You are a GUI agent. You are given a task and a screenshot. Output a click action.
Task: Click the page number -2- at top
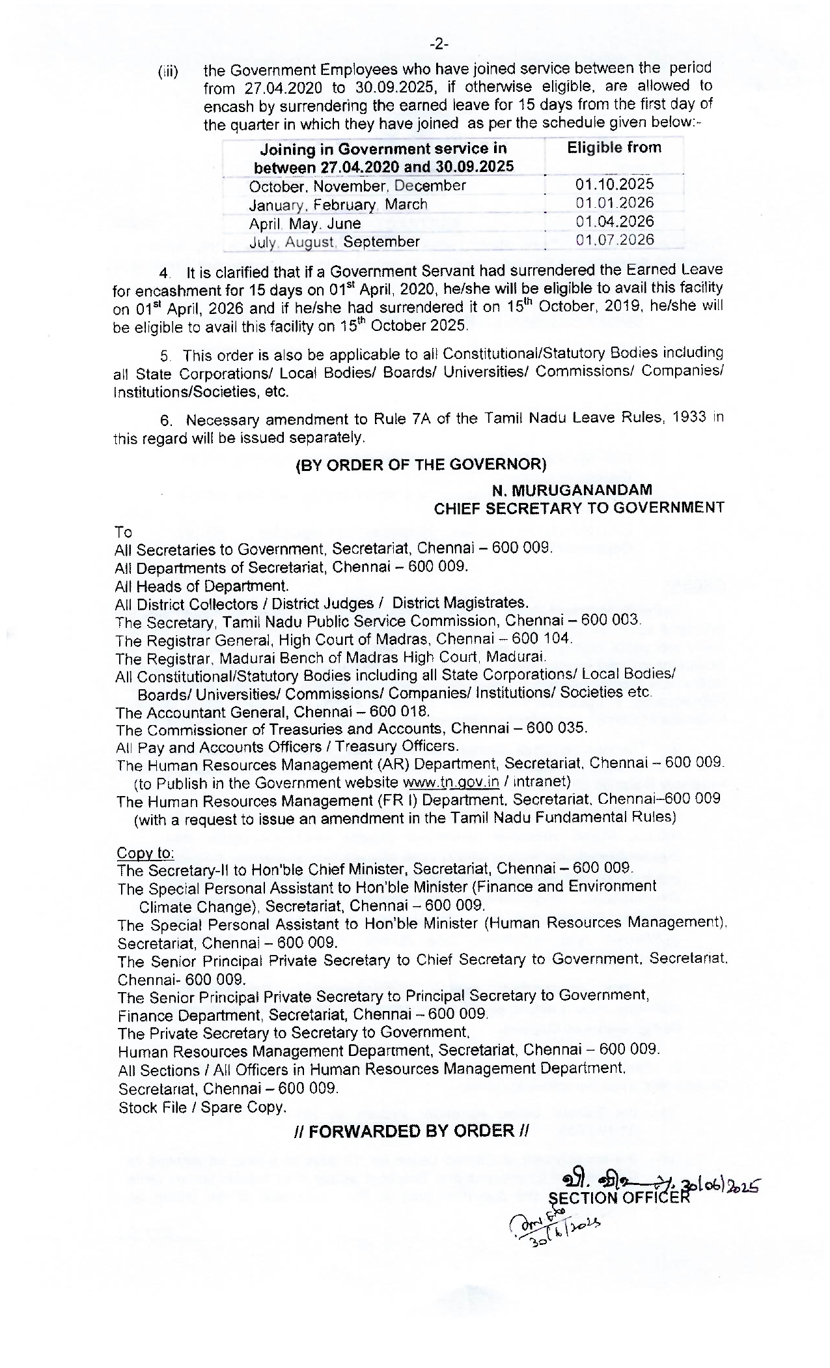[439, 44]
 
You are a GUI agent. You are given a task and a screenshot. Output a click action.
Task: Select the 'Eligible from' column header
[614, 148]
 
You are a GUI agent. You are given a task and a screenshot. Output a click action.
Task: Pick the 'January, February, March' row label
[338, 205]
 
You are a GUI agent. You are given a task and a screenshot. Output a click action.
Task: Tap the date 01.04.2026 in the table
[615, 221]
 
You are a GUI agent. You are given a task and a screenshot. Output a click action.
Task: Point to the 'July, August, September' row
[335, 242]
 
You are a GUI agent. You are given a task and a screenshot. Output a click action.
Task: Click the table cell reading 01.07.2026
[615, 240]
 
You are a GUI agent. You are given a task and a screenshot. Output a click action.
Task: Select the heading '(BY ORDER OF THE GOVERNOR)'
[421, 464]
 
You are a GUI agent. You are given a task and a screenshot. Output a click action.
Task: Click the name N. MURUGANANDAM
[572, 489]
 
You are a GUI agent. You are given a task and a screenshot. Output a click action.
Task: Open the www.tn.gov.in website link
[451, 782]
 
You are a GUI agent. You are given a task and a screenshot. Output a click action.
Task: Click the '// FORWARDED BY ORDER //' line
[411, 1131]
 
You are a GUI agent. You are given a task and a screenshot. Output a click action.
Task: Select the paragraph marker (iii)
[168, 71]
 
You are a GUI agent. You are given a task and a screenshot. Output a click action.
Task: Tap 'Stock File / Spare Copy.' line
[202, 1107]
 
